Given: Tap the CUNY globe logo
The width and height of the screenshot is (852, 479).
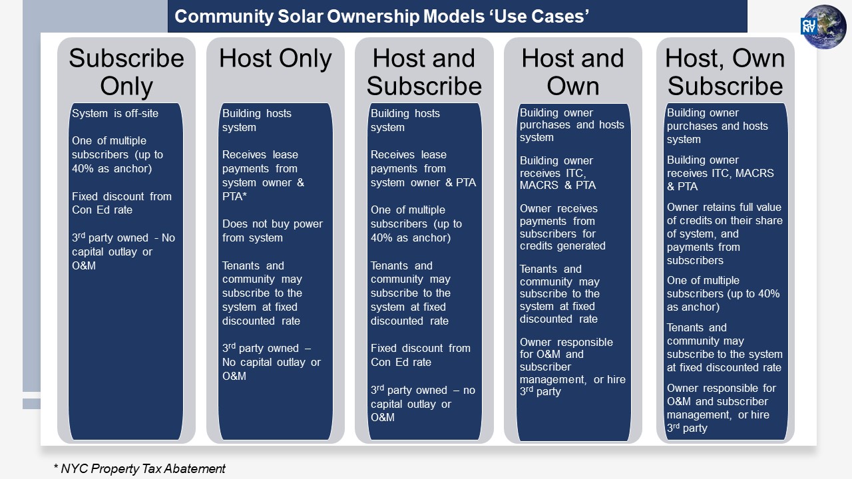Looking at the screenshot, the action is (824, 27).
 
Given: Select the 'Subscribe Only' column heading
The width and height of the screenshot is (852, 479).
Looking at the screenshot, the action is (126, 73).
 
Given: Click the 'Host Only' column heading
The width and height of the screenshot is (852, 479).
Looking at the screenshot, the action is (276, 59).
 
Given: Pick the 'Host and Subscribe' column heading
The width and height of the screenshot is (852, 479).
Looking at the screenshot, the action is (424, 73).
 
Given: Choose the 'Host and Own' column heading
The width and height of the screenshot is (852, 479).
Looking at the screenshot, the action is (573, 73).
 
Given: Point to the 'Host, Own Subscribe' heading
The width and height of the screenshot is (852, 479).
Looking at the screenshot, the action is (725, 73).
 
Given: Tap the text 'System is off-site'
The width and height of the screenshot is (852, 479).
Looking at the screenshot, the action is (115, 113).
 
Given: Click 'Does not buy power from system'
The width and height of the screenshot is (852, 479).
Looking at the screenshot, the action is (272, 231).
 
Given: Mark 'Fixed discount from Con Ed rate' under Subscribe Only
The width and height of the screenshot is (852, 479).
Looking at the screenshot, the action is (122, 203).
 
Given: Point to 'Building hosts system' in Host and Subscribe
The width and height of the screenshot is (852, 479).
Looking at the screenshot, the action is (405, 120).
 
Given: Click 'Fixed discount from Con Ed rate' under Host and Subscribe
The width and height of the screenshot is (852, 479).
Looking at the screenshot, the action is (421, 355).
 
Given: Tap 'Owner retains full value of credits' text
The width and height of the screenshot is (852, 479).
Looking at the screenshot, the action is (725, 214).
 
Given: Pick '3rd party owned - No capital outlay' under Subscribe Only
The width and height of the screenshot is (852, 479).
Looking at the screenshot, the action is (123, 245).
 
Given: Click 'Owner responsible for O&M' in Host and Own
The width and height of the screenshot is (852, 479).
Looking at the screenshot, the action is (566, 348).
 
